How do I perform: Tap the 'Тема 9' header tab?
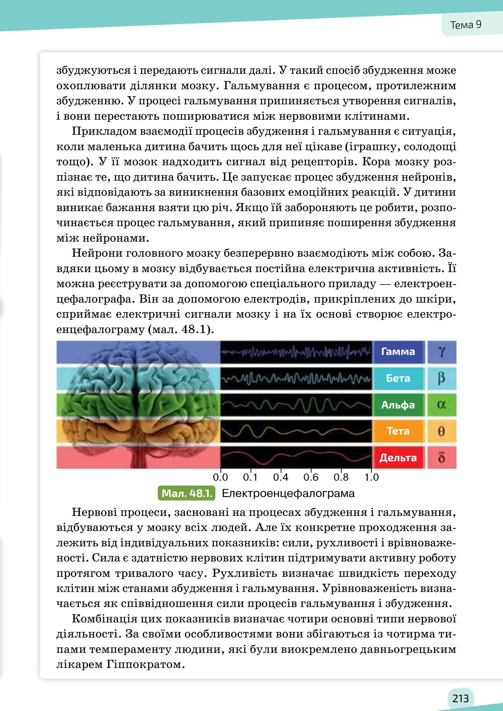(466, 25)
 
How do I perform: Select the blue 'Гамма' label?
(398, 352)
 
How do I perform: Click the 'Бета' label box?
(398, 378)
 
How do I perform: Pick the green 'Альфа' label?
(398, 405)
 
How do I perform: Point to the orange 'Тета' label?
(398, 431)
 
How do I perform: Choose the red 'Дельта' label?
(398, 458)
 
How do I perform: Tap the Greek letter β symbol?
(441, 378)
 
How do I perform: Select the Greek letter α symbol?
(441, 405)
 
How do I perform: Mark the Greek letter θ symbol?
(441, 431)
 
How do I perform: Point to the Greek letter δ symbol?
(441, 458)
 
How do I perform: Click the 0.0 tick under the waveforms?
(220, 478)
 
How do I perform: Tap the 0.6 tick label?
(311, 478)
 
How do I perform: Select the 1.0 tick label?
(372, 478)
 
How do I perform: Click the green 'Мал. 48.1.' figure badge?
(186, 493)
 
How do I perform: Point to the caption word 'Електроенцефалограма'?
(288, 493)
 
